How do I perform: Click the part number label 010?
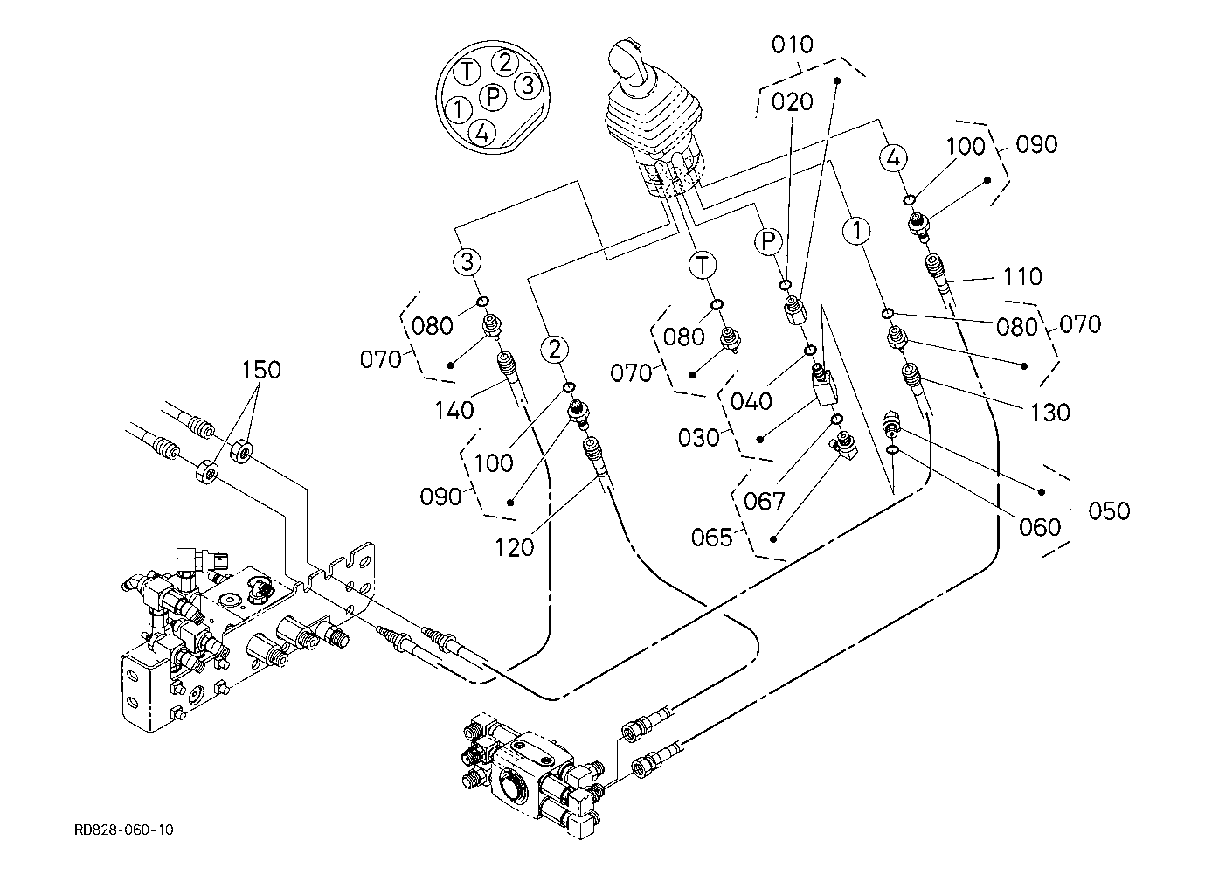[x=793, y=45]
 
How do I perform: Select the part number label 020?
[x=793, y=101]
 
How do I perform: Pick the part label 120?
[x=514, y=548]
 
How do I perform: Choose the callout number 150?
[x=261, y=370]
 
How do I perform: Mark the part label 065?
[x=711, y=537]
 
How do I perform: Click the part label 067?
[x=765, y=501]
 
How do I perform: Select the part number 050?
[x=1109, y=510]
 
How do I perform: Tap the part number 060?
[x=1039, y=527]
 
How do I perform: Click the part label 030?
[x=698, y=437]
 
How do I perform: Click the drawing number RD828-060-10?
[x=123, y=830]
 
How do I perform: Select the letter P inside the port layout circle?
[x=494, y=96]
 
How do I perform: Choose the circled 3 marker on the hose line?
[x=467, y=260]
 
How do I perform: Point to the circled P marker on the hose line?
[x=768, y=240]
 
